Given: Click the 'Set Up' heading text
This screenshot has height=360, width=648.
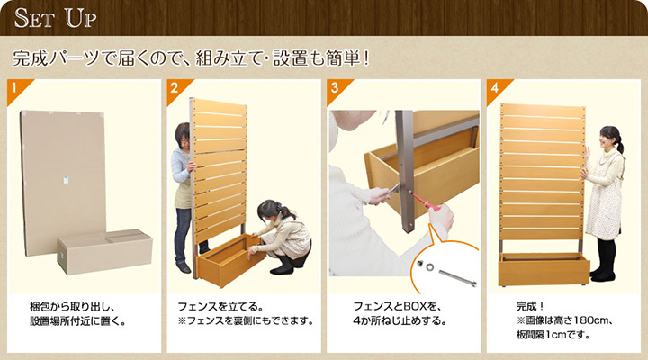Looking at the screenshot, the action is point(56,18).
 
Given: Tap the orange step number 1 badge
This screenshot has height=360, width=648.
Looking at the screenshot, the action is point(16,88).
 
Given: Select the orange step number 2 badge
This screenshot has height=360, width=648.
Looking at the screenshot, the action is point(176,88).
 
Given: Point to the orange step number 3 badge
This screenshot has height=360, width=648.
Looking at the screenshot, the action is point(337,88).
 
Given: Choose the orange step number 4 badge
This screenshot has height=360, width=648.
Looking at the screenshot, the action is point(496,88).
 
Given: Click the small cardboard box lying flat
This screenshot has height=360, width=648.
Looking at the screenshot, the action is point(105,251).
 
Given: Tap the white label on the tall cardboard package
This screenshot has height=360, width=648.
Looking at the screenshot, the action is point(67,180).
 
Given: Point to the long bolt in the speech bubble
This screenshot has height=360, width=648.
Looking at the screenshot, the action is point(457,277).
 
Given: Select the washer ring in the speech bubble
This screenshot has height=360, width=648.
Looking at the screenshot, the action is point(430,267).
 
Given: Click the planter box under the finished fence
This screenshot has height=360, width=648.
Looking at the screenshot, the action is point(544,269).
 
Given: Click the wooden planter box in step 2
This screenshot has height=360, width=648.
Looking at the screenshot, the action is point(231,259).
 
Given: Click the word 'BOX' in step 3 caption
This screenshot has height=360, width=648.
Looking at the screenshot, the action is point(416,306).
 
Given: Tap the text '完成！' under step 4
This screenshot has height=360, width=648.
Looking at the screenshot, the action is point(530,306).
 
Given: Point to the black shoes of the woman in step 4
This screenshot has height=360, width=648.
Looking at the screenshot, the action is point(602,275).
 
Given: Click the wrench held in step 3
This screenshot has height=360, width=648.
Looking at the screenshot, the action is point(391,191).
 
